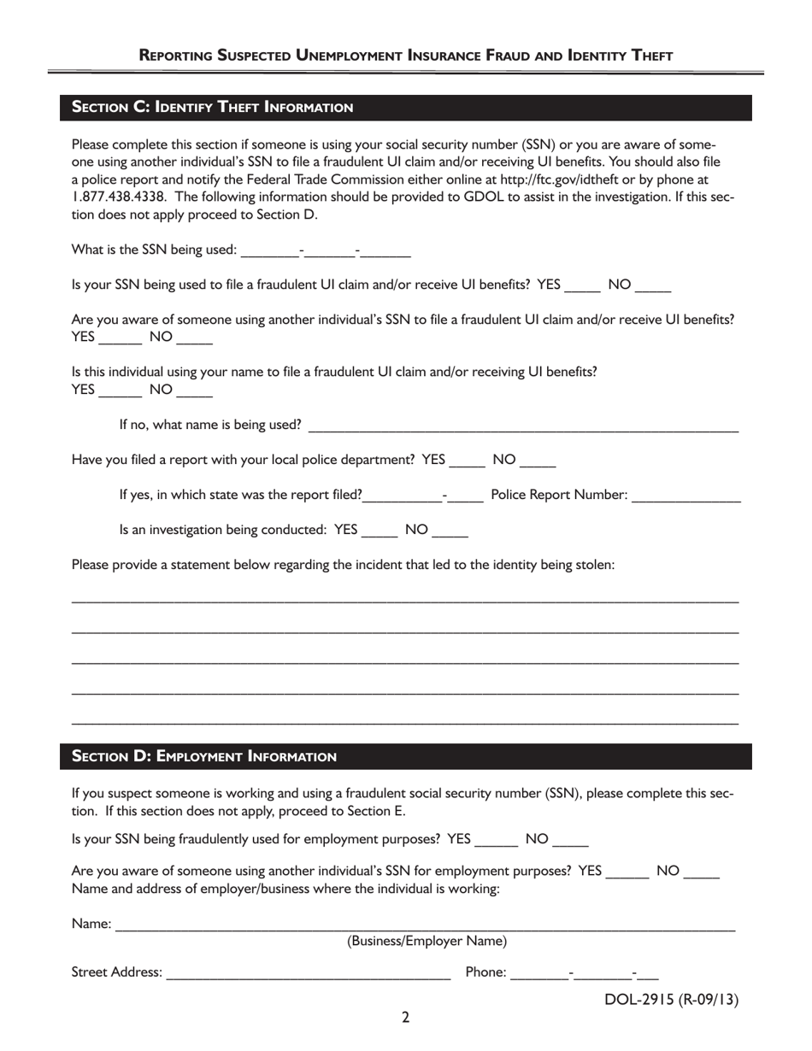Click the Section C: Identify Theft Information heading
pos(212,107)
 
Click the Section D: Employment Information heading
pos(204,756)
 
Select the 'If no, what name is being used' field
pos(522,426)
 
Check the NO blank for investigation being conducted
pos(450,531)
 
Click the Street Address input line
pos(308,973)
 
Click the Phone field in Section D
pos(585,973)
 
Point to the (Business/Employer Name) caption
pos(427,942)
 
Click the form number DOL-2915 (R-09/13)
pos(671,1000)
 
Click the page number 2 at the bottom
pos(405,1017)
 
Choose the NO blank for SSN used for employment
pos(570,841)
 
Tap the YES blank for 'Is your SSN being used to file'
pos(583,287)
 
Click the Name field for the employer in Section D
pos(424,925)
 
